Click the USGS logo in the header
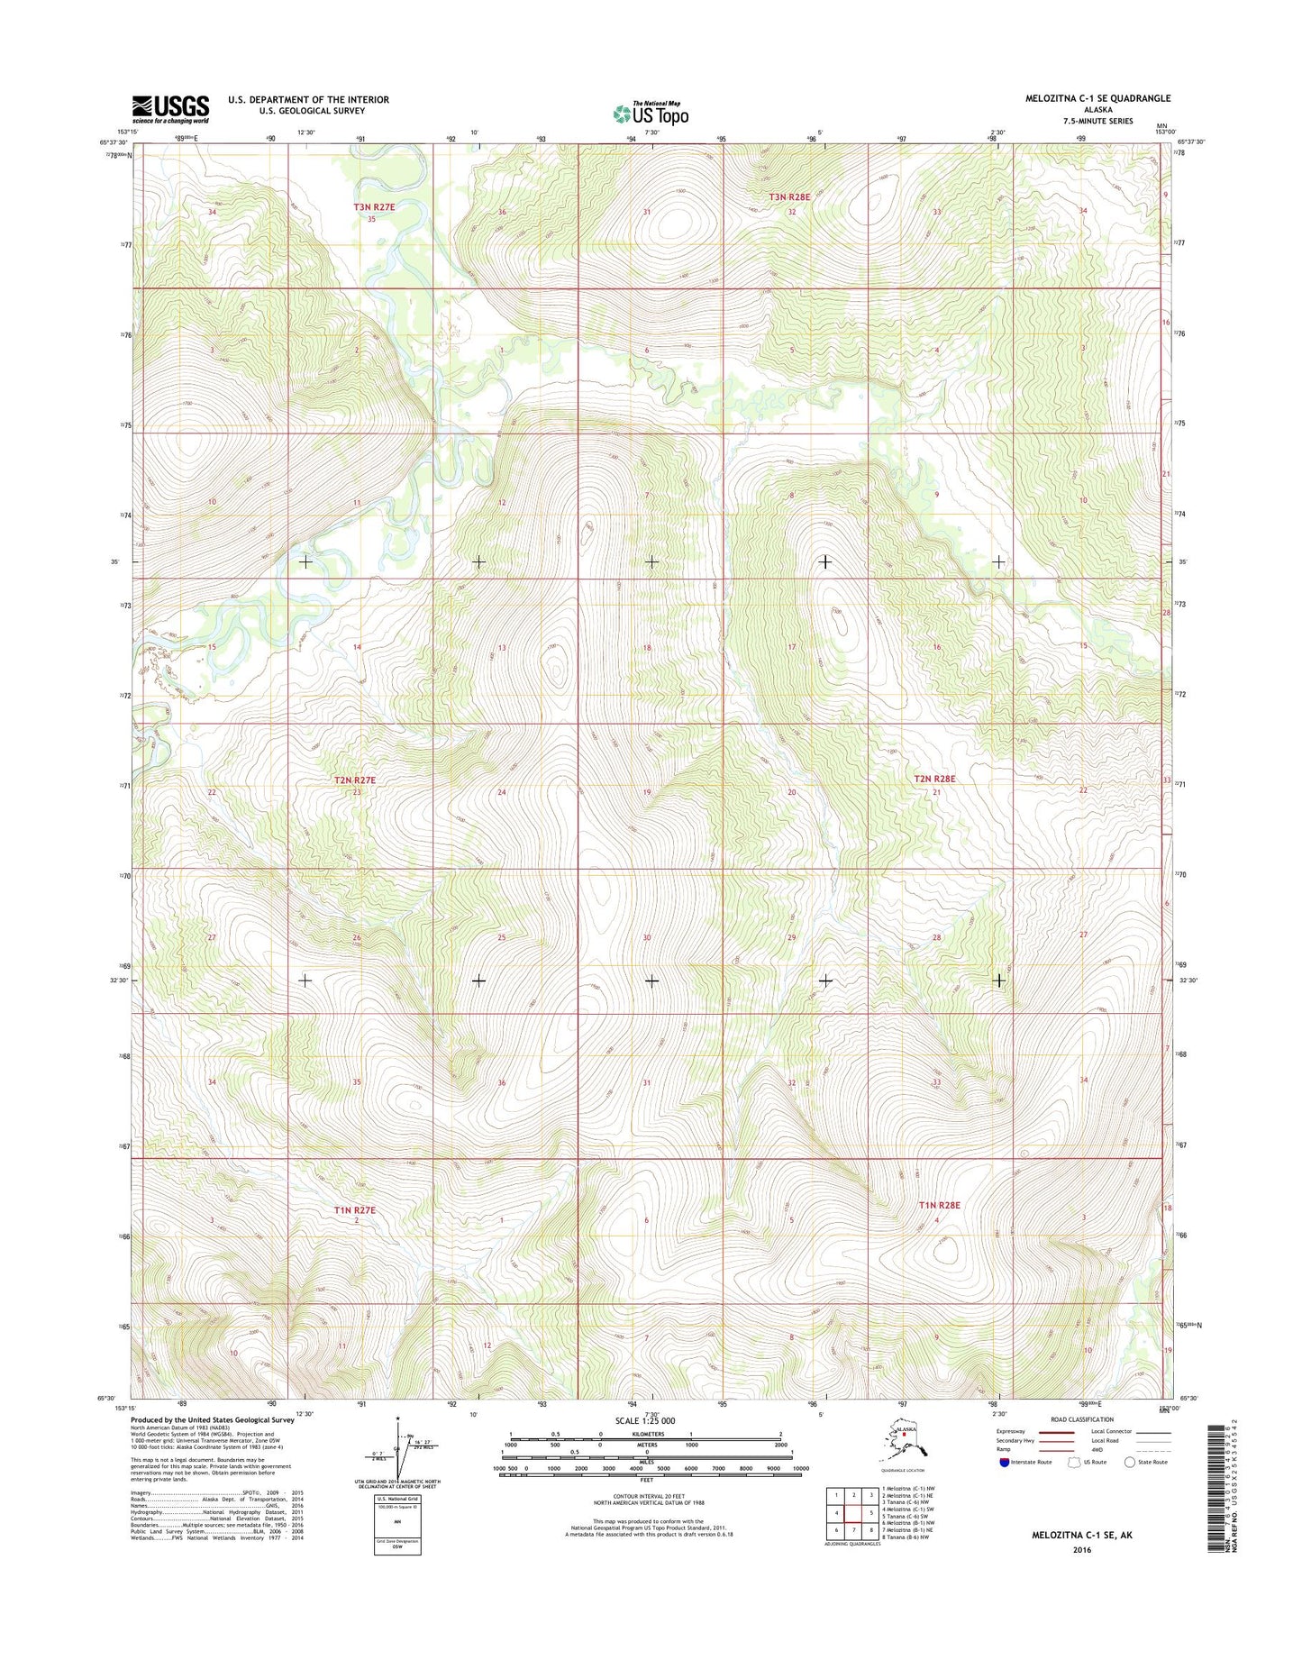171,109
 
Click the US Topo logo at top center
651,114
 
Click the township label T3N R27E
373,207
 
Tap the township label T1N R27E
354,1210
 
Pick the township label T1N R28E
940,1205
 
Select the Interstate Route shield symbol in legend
1005,1463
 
